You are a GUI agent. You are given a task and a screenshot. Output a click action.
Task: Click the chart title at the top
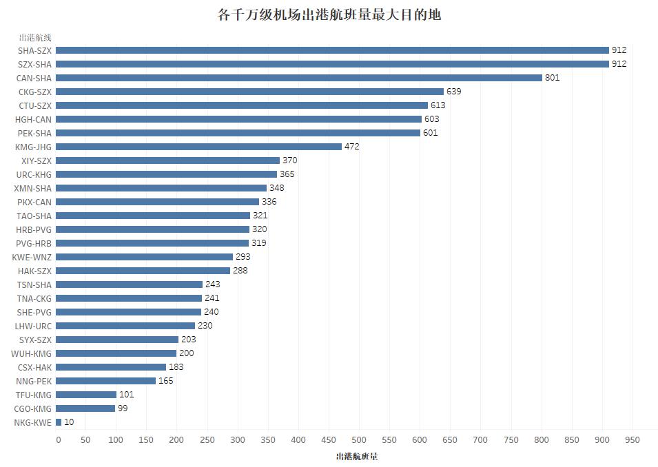[329, 14]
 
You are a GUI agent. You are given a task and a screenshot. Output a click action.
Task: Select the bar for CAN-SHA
[298, 78]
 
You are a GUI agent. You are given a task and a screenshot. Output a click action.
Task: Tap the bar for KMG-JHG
[198, 147]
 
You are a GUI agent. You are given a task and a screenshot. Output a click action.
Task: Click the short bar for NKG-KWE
[59, 422]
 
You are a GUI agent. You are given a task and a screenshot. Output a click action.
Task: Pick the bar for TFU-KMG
[86, 395]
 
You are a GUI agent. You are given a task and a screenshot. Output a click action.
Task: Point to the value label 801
[552, 78]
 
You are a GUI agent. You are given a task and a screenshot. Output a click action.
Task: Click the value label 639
[453, 92]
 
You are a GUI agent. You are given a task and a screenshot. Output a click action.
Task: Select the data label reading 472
[351, 147]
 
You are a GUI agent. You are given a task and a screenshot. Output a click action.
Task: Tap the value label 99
[123, 408]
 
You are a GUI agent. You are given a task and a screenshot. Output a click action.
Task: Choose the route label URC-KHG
[34, 174]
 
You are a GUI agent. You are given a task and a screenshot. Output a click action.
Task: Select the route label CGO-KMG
[34, 408]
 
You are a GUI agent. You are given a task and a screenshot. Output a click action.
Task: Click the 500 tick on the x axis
[359, 440]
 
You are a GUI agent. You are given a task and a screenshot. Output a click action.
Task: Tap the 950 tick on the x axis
[631, 440]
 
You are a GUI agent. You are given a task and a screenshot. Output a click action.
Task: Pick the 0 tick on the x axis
[58, 440]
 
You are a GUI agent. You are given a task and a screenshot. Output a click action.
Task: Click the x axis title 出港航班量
[356, 457]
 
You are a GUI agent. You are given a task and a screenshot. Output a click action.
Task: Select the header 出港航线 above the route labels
[35, 37]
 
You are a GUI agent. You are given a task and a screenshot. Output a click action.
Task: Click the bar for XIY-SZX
[167, 160]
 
